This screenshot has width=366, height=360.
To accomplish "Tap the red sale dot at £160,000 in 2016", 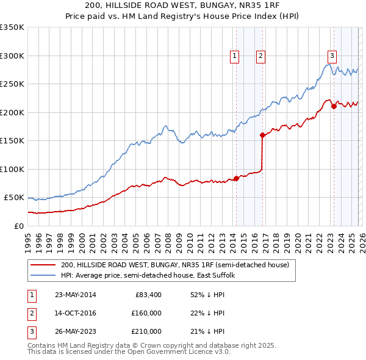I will click(262, 135).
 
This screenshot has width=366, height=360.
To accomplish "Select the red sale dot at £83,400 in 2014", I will click(236, 179).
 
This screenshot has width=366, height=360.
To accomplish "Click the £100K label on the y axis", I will click(12, 169).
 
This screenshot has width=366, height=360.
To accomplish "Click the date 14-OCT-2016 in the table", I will click(75, 313).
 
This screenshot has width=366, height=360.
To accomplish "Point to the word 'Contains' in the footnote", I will click(43, 345).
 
